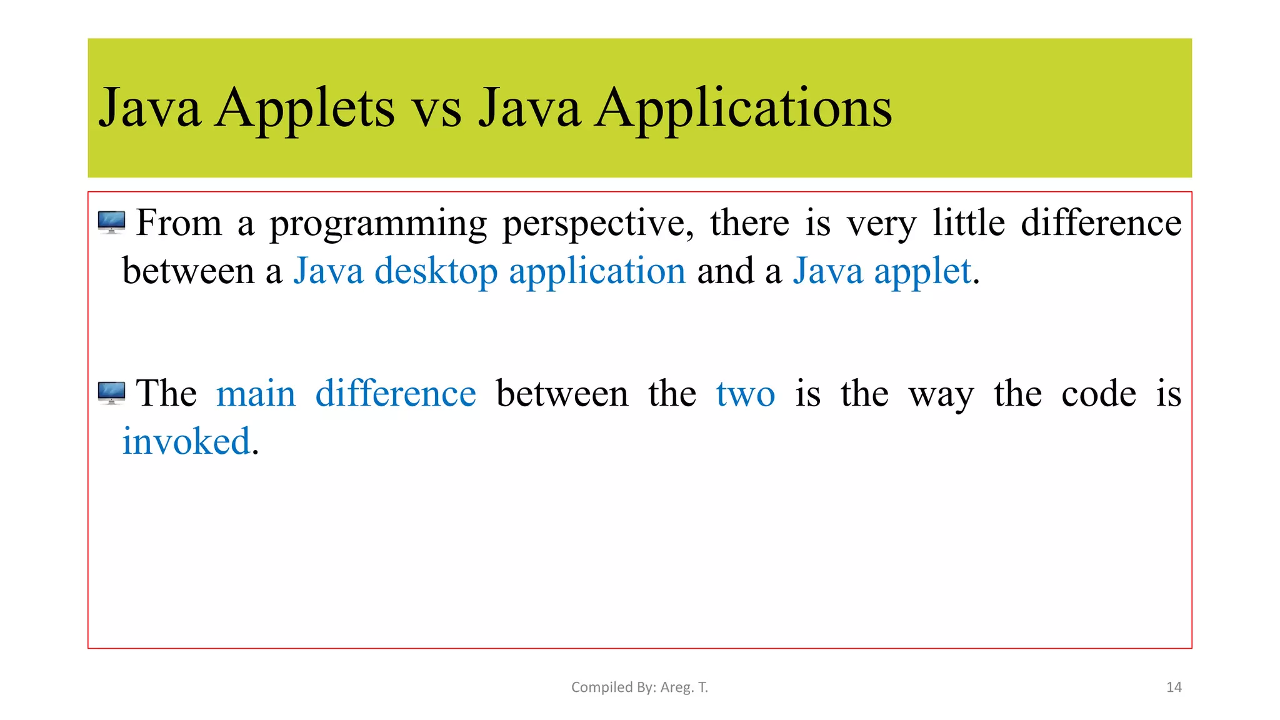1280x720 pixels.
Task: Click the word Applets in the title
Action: click(304, 109)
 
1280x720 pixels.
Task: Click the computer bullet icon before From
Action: click(112, 222)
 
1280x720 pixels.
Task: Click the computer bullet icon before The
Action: click(112, 393)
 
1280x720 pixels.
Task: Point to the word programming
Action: click(378, 224)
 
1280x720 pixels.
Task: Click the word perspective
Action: click(597, 224)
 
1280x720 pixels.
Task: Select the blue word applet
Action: click(922, 272)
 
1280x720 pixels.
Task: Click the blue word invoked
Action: click(186, 441)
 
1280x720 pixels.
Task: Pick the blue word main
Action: click(256, 394)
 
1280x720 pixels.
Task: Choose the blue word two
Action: click(745, 394)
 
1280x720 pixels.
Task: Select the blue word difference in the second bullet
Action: click(395, 394)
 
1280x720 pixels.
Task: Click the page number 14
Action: click(1174, 687)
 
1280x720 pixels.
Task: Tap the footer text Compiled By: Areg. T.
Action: click(639, 687)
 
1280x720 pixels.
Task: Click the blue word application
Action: click(597, 272)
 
